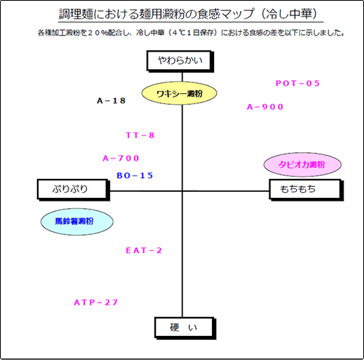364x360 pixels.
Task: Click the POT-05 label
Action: pyautogui.click(x=298, y=84)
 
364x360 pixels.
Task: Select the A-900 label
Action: pyautogui.click(x=265, y=107)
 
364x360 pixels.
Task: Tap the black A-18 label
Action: pyautogui.click(x=111, y=100)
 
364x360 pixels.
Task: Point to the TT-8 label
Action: pyautogui.click(x=140, y=135)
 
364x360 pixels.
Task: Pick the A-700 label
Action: pyautogui.click(x=121, y=159)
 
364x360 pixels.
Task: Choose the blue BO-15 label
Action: pyautogui.click(x=135, y=175)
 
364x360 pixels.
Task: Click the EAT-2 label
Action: pyautogui.click(x=143, y=250)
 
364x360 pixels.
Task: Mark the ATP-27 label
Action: pyautogui.click(x=96, y=303)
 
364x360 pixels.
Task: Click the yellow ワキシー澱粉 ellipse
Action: pyautogui.click(x=179, y=93)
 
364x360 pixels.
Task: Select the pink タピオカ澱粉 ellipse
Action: pyautogui.click(x=302, y=164)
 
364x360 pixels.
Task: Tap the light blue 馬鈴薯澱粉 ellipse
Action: pyautogui.click(x=76, y=222)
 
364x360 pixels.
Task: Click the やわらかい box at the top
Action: pyautogui.click(x=180, y=61)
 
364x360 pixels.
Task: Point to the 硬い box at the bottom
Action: pyautogui.click(x=185, y=328)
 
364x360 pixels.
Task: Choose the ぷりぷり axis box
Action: pyautogui.click(x=74, y=190)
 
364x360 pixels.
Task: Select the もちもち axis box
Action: pyautogui.click(x=306, y=190)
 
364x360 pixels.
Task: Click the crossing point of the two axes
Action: pyautogui.click(x=182, y=191)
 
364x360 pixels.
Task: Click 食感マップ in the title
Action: pyautogui.click(x=225, y=14)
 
